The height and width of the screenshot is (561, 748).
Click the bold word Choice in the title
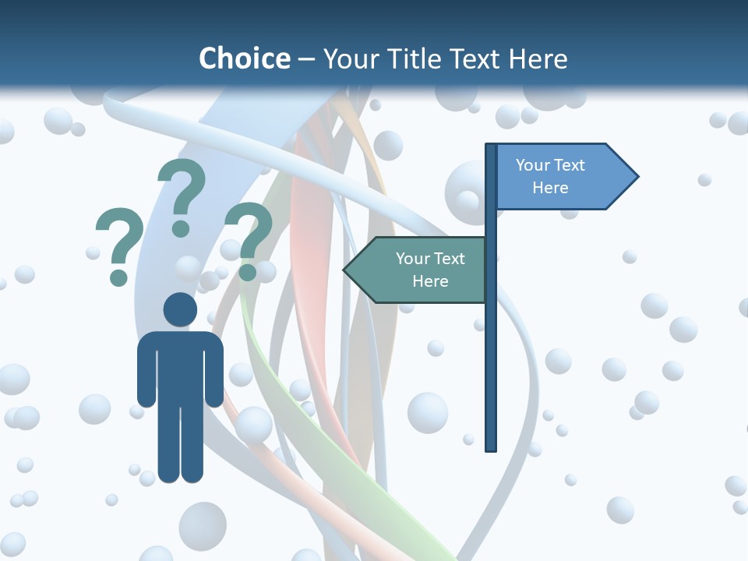[x=244, y=58]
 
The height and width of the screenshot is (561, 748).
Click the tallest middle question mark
[x=182, y=191]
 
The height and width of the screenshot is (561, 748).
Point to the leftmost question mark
[x=118, y=242]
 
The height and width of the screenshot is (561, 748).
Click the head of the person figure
[x=180, y=309]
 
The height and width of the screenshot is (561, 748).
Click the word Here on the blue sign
[x=550, y=188]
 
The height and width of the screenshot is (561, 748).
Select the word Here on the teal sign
[x=430, y=281]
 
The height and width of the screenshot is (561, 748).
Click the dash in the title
[x=306, y=59]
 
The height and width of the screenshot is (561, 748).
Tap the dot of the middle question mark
[x=181, y=228]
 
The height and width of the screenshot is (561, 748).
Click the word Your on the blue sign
[x=533, y=165]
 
